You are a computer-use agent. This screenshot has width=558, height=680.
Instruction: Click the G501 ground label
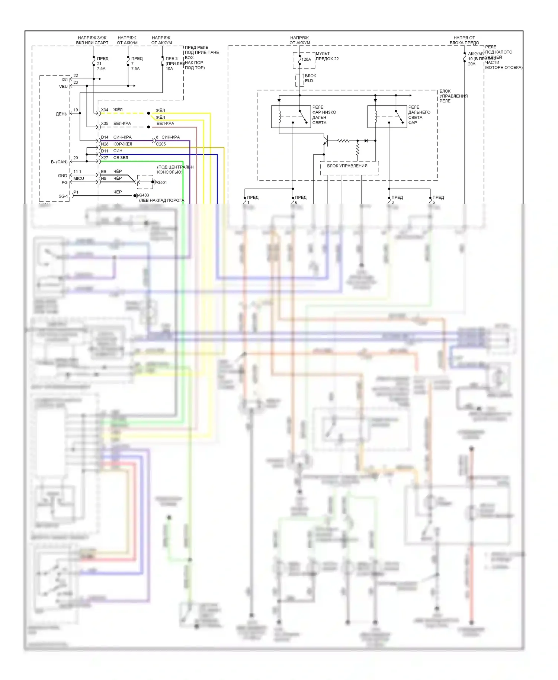tap(162, 183)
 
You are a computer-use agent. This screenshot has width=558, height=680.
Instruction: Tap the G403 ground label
tap(144, 195)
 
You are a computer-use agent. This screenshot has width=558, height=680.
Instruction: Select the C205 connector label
tap(161, 144)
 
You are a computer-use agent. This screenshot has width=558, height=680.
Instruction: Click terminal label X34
tap(105, 110)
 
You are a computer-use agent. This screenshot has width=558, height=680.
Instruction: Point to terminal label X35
tap(105, 124)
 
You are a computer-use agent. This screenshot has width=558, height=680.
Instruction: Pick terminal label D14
tap(105, 137)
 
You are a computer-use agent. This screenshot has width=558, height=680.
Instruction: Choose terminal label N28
tap(105, 144)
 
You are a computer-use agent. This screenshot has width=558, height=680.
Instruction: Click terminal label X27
tap(105, 158)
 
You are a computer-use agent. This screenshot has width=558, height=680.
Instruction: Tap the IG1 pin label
tap(65, 80)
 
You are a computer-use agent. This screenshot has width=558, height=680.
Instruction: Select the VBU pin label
tap(63, 87)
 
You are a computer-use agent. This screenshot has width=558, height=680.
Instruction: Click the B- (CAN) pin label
tap(59, 162)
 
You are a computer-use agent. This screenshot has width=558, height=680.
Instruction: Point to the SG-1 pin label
tap(63, 196)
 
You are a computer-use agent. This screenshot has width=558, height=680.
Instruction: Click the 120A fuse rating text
tap(306, 60)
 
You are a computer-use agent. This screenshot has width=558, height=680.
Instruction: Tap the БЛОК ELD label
tap(310, 78)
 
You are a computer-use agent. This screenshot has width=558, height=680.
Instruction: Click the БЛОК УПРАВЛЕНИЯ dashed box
tap(349, 168)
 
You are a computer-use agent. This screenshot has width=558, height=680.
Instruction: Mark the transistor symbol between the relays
tap(325, 141)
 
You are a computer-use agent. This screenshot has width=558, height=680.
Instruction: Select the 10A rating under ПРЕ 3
tap(169, 69)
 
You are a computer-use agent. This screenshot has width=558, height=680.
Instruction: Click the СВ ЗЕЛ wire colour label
tap(121, 158)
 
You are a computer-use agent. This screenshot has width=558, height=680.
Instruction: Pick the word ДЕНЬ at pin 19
tap(61, 114)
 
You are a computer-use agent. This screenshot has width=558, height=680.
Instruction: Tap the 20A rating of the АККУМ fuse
tap(472, 64)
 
